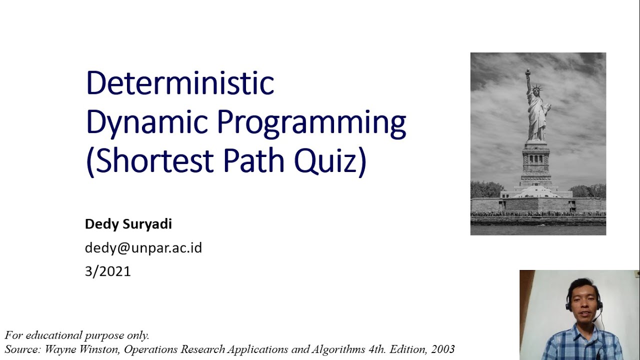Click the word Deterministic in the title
click(180, 83)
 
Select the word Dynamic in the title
click(146, 122)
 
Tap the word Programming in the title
click(311, 122)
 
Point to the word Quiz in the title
click(329, 161)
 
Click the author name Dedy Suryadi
click(128, 224)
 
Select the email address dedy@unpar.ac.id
click(143, 247)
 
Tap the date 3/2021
click(108, 271)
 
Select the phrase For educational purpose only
click(77, 335)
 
